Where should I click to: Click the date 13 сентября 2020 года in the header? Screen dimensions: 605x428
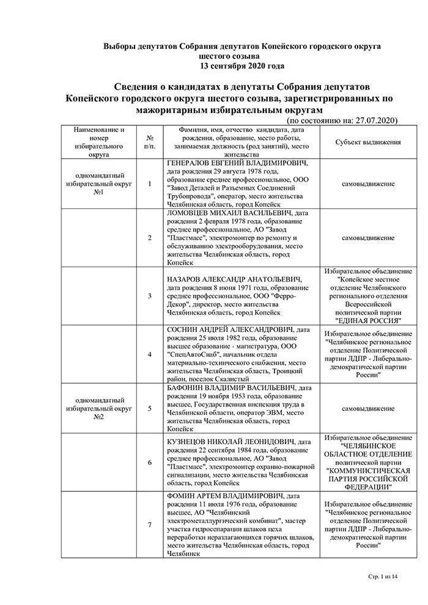coord(242,66)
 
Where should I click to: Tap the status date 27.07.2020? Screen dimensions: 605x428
coord(375,120)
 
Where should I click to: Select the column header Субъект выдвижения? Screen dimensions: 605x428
coord(368,142)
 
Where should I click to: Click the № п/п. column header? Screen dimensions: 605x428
coord(150,142)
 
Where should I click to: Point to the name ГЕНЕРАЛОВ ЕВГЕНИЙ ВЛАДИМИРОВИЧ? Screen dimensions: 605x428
coord(234,164)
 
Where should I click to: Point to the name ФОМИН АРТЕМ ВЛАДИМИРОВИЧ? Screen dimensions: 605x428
coord(226,494)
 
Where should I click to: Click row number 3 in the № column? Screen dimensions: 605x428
coord(150,296)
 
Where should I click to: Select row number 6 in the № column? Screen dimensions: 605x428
coord(150,463)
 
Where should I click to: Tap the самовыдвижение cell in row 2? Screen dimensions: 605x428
coord(368,238)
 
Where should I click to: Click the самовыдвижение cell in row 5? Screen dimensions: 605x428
coord(368,408)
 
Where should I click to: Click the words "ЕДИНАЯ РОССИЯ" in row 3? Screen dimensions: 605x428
coord(368,320)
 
